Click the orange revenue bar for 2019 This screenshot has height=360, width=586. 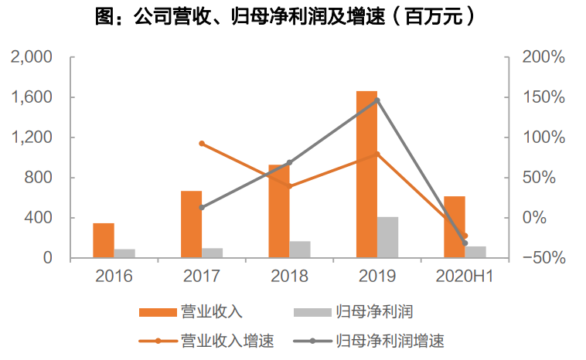(366, 174)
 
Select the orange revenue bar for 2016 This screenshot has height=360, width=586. (104, 240)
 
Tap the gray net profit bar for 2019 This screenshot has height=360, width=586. (387, 237)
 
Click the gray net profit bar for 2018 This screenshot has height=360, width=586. (300, 250)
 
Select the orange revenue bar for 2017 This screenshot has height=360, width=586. (191, 224)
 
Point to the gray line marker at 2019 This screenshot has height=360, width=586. (377, 100)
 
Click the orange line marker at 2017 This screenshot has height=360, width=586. (202, 144)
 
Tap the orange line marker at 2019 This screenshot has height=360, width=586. (377, 154)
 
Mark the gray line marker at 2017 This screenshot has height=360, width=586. (202, 207)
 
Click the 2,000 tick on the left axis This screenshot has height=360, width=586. (30, 57)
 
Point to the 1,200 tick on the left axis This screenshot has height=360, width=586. (30, 138)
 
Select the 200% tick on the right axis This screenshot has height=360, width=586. (544, 57)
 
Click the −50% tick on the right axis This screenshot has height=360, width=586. (544, 258)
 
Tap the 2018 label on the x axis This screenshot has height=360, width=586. (289, 277)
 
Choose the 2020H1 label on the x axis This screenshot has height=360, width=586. (465, 277)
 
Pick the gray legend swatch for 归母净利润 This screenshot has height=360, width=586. (312, 312)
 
